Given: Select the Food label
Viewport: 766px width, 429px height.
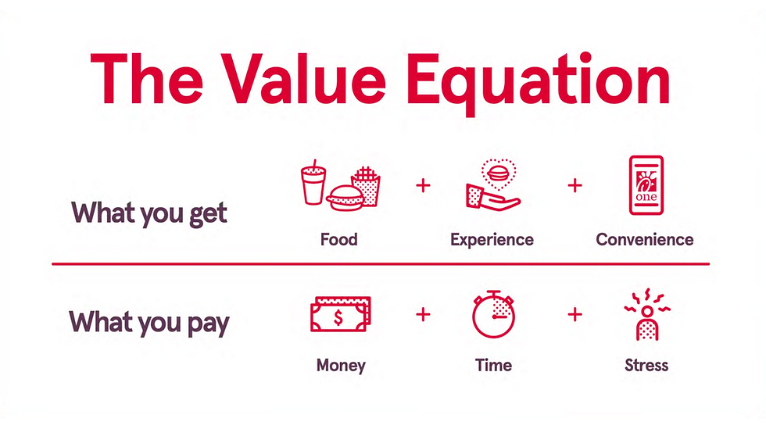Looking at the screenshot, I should pyautogui.click(x=338, y=239).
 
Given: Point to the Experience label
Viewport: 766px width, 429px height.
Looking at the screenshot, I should pyautogui.click(x=492, y=239).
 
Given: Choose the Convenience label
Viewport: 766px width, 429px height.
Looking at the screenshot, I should pyautogui.click(x=644, y=239).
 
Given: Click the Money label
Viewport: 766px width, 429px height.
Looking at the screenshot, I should pyautogui.click(x=341, y=365).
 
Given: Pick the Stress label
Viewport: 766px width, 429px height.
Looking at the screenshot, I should pyautogui.click(x=646, y=365).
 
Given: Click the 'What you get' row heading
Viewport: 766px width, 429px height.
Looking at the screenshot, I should pyautogui.click(x=149, y=213).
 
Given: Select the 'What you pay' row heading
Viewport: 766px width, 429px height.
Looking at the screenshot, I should pyautogui.click(x=149, y=322).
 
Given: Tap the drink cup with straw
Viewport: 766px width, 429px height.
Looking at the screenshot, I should pyautogui.click(x=314, y=184).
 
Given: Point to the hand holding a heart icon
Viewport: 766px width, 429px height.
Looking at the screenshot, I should pyautogui.click(x=492, y=188).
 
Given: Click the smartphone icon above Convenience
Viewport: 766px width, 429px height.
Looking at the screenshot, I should pyautogui.click(x=646, y=184).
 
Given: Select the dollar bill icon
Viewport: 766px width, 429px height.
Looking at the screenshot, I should pyautogui.click(x=339, y=316).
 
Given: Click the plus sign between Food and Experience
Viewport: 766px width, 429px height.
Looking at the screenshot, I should pyautogui.click(x=423, y=186).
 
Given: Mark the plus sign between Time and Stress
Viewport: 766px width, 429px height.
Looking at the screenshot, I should pyautogui.click(x=574, y=314).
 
